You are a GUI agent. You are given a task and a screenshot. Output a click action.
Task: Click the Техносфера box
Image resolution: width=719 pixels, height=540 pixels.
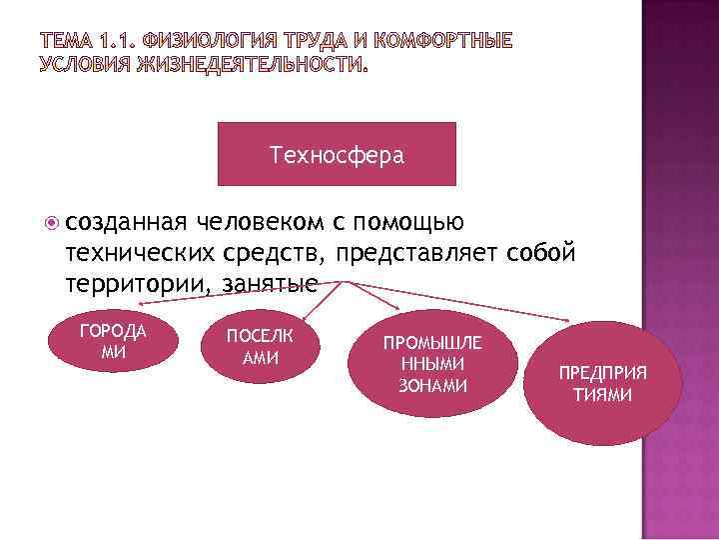tap(336, 154)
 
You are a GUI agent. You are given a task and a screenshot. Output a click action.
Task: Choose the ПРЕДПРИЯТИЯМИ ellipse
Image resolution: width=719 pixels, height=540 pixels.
tap(602, 383)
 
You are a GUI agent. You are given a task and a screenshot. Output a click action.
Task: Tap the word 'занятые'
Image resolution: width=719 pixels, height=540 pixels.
tap(270, 284)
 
